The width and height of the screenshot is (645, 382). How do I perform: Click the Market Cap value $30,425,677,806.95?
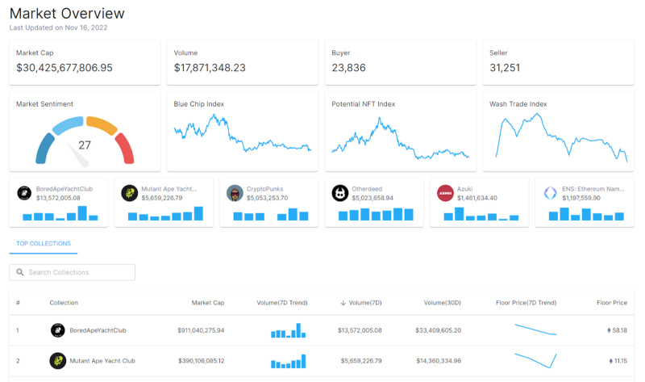(x=64, y=68)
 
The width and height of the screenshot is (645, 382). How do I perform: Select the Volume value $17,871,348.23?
(x=210, y=68)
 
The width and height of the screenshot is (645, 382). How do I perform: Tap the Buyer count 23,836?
(x=348, y=68)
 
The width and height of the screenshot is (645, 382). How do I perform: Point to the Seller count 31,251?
(x=505, y=68)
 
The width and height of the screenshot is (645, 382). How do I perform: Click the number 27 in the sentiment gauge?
(x=85, y=145)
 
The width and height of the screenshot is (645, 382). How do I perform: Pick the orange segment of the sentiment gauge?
(x=102, y=125)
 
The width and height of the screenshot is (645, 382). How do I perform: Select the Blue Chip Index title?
(x=198, y=104)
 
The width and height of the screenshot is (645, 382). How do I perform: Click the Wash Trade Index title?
(x=518, y=104)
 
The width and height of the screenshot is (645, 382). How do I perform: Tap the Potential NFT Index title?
(x=363, y=104)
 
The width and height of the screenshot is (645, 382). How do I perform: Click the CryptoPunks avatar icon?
(x=235, y=193)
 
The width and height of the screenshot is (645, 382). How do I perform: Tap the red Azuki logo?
(x=445, y=193)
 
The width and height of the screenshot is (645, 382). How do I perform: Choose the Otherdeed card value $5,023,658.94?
(x=372, y=197)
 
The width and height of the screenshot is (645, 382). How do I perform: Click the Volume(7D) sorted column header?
(x=365, y=303)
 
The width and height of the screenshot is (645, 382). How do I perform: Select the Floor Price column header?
(x=611, y=303)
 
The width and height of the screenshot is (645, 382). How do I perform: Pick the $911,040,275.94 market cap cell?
(x=201, y=330)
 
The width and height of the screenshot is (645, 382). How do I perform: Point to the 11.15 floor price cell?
(x=619, y=360)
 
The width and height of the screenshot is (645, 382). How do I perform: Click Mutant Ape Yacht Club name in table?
(x=102, y=360)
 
